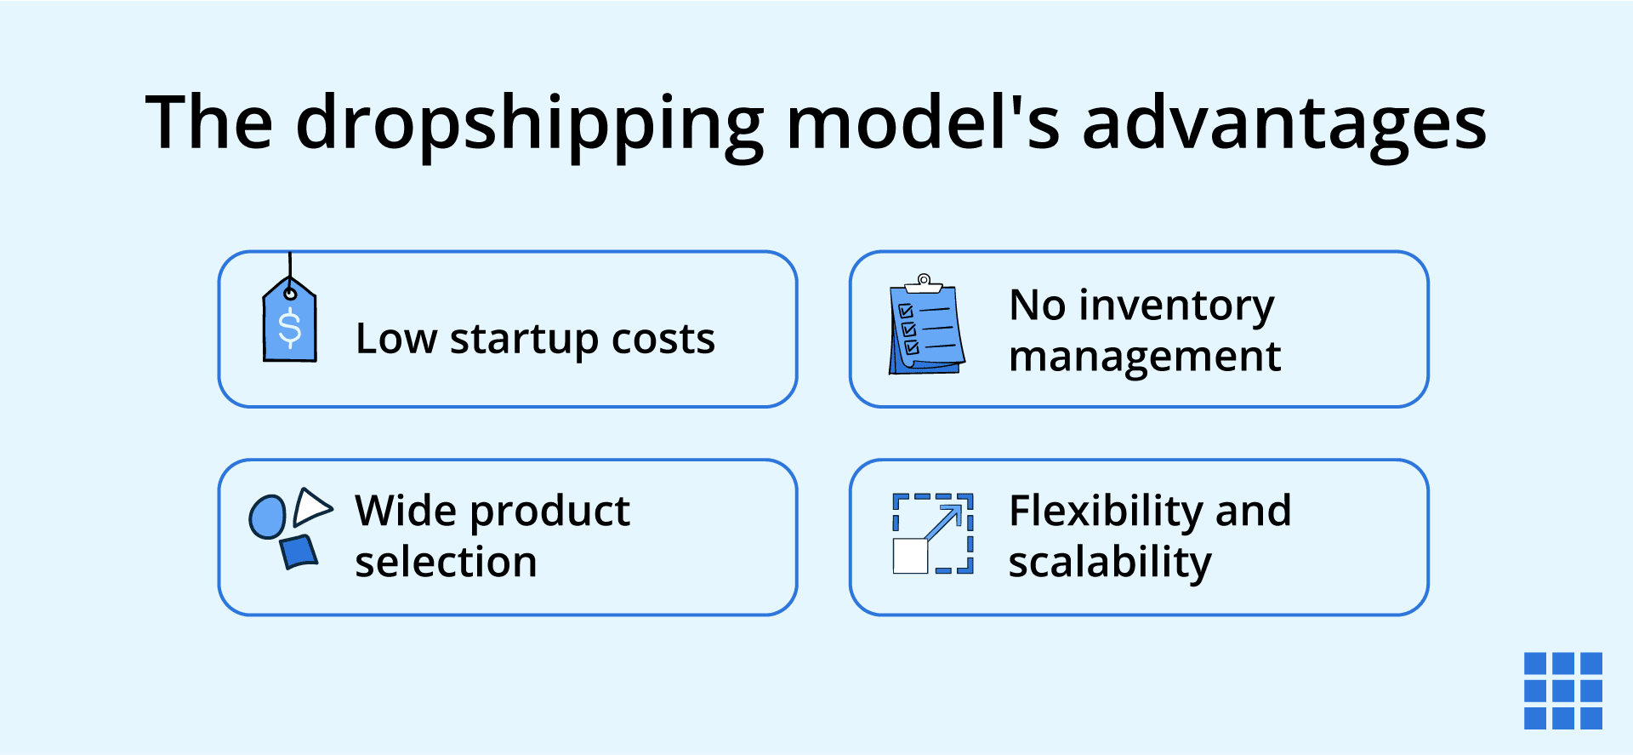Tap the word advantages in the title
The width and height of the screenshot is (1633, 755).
click(1284, 124)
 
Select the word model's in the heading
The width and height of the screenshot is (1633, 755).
click(924, 123)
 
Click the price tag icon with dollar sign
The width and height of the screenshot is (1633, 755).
click(289, 323)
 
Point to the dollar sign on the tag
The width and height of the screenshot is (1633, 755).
click(290, 329)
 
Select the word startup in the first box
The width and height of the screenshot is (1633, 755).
click(524, 340)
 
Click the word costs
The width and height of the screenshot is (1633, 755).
click(663, 340)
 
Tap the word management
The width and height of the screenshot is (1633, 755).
click(1144, 357)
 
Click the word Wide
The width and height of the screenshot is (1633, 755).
click(406, 511)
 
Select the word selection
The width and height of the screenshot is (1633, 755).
click(446, 563)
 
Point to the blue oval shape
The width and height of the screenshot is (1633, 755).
click(267, 517)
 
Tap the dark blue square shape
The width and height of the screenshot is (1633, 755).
click(299, 552)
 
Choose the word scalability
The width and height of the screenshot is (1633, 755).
click(1109, 563)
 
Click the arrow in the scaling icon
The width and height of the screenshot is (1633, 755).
click(944, 521)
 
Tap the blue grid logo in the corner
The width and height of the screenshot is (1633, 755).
click(1562, 690)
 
